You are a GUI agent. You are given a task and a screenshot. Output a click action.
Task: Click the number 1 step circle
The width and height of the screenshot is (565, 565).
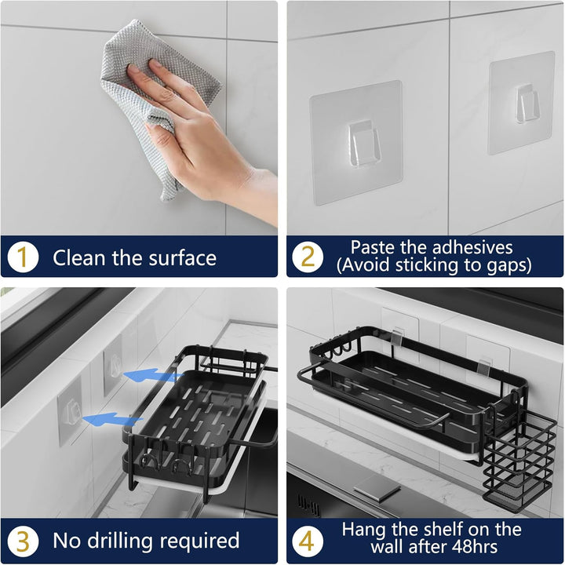click(x=23, y=257)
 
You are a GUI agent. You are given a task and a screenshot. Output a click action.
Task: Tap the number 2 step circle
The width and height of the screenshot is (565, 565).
click(x=308, y=257)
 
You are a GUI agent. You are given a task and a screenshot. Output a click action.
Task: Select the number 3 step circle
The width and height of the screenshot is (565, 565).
click(x=23, y=541)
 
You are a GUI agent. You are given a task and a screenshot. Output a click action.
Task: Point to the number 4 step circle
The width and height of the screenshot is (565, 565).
click(x=308, y=541)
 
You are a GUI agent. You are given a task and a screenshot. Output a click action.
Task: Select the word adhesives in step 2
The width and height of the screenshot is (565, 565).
click(x=472, y=247)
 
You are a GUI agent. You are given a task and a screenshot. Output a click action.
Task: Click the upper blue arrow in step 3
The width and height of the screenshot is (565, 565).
click(x=152, y=375)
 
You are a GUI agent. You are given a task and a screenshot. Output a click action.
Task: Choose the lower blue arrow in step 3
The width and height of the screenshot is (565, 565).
click(x=111, y=420)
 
